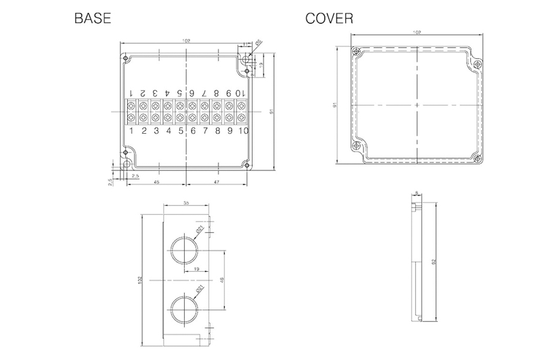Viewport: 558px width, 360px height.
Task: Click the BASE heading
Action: [92, 19]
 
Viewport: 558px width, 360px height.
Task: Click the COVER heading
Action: [329, 19]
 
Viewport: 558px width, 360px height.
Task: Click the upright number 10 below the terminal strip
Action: [242, 130]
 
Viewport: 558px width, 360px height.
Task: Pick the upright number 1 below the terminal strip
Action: [131, 130]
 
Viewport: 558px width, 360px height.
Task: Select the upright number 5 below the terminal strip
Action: [181, 130]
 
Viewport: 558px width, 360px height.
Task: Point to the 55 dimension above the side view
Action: [186, 204]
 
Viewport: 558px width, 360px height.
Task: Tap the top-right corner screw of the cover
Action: [478, 64]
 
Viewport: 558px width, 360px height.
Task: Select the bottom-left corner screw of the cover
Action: [357, 146]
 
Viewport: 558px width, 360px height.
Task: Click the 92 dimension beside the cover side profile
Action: [434, 262]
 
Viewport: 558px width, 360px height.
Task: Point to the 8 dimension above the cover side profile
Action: [417, 193]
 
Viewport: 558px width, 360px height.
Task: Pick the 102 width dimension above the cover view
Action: [417, 32]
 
